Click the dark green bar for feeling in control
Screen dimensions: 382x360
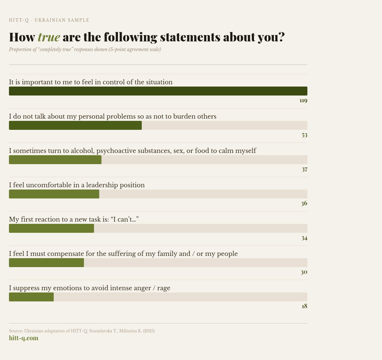158,91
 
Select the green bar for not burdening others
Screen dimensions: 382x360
75,125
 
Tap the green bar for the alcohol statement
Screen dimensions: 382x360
55,160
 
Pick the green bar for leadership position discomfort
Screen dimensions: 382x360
54,194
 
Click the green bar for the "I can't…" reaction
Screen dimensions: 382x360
51,228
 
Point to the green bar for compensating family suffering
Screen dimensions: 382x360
46,263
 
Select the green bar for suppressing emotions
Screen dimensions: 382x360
31,297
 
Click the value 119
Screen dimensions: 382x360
303,100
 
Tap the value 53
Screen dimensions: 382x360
304,135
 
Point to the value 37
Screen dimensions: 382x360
304,169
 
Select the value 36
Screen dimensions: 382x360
304,203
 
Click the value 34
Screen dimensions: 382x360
304,238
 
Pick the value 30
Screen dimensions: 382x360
304,272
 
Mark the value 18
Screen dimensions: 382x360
304,306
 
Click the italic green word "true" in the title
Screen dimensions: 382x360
49,37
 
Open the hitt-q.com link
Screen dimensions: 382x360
24,338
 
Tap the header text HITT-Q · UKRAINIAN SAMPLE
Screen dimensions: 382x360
49,20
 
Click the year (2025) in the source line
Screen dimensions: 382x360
148,331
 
